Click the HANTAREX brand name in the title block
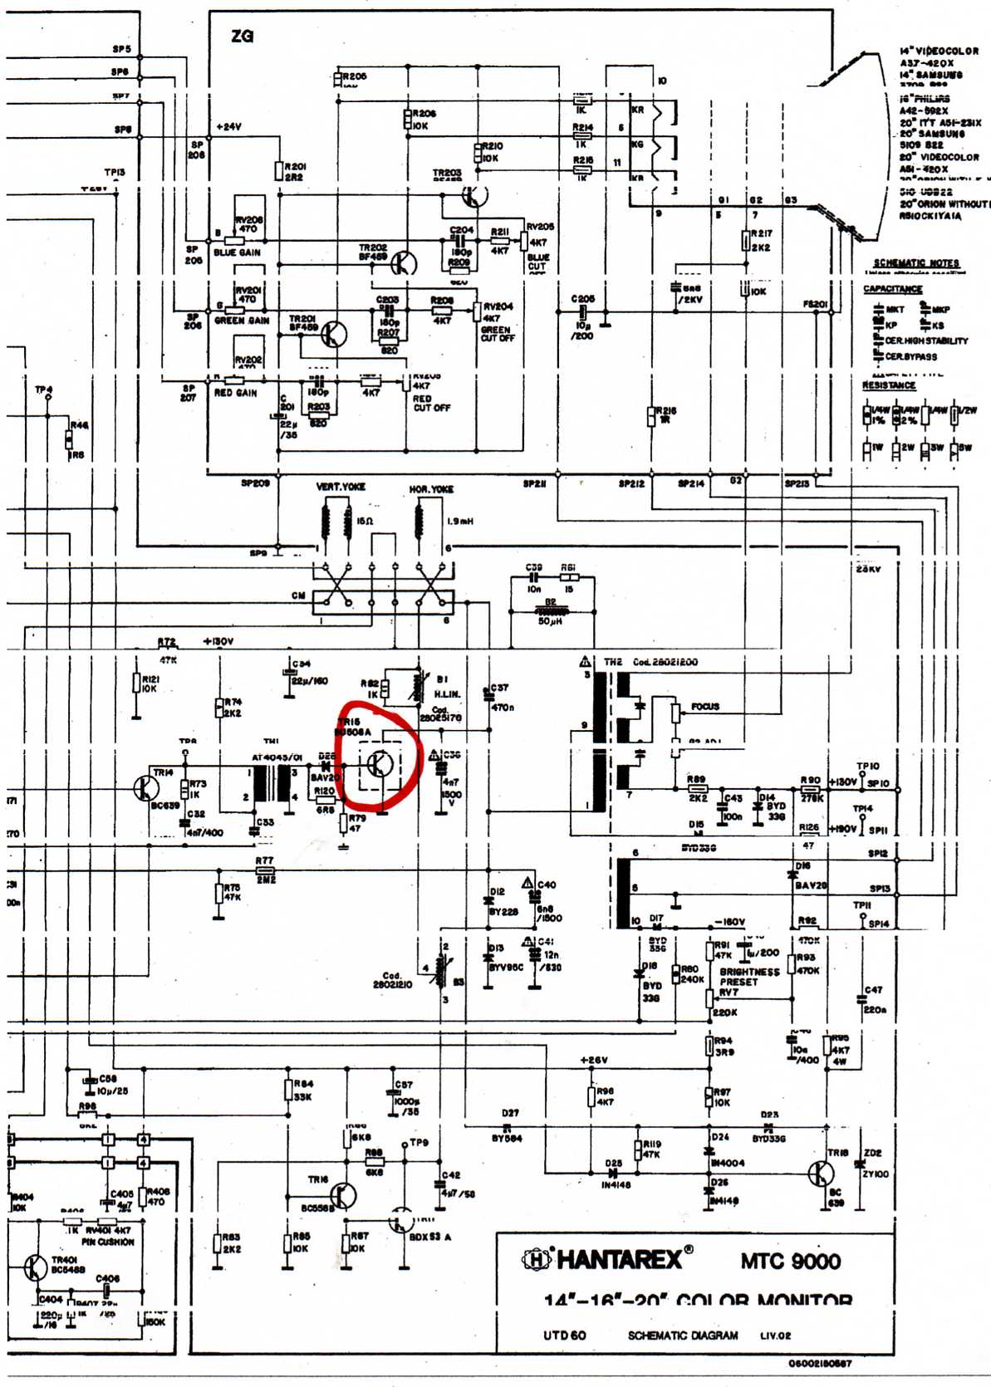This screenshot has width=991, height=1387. pos(619,1259)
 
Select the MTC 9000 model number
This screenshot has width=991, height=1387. pos(790,1261)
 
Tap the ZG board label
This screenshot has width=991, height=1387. pos(242,37)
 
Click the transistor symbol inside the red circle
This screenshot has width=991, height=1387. pos(380,763)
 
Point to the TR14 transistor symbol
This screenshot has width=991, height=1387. pos(146,787)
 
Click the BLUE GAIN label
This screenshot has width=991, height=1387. pos(237,252)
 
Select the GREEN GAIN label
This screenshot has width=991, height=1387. pos(242,321)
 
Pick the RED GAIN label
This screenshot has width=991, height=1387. pos(235,393)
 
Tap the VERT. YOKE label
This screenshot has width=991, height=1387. pos(341,487)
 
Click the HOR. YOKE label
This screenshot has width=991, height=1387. pos(431,489)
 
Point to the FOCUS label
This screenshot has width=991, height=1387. pos(705,707)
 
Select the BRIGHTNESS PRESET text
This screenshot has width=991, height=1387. pos(749,977)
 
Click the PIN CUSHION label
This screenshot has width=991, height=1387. pos(107,1242)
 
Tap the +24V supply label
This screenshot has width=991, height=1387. pos(228,127)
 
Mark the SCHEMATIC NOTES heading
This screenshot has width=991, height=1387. pos(915,263)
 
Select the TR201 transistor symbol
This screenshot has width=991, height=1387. pos(334,335)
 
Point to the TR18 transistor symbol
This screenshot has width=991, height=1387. pos(821,1174)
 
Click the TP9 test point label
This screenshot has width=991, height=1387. pos(419,1143)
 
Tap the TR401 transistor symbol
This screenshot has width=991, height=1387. pos(35,1267)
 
